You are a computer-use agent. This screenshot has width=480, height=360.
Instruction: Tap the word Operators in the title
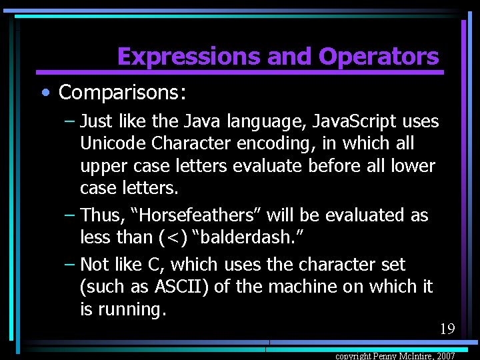point(379,57)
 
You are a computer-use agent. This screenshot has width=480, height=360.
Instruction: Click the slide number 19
point(447,329)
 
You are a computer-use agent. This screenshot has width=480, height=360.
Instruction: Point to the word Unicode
point(107,143)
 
